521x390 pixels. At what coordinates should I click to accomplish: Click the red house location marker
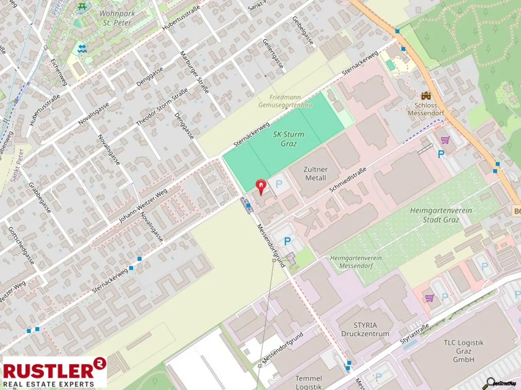point(260,187)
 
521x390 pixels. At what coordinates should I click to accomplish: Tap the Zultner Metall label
point(315,173)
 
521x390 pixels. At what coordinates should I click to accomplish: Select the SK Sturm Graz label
point(289,139)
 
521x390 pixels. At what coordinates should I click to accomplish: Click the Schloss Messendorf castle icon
point(426,96)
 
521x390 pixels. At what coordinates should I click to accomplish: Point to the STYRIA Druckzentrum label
point(365,329)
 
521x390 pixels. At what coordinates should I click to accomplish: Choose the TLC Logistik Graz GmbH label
point(463,351)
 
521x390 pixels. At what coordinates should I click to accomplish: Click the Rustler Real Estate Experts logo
point(54,372)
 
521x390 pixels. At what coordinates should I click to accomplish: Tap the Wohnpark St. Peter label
point(117,18)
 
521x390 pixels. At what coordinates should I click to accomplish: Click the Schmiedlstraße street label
point(348,180)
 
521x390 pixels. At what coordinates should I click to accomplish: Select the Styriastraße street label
point(414,334)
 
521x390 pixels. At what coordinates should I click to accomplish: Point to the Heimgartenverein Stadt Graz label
point(441,215)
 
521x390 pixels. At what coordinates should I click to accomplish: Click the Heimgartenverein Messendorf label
point(356,262)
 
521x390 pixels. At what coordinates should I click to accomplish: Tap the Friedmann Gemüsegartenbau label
point(285,101)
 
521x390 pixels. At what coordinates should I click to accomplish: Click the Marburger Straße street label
point(194,72)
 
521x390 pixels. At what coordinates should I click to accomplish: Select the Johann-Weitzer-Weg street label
point(143,206)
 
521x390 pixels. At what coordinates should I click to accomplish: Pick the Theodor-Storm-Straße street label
point(162,107)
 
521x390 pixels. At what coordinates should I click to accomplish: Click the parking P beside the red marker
point(279,184)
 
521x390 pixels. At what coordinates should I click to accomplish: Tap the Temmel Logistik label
point(308,382)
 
